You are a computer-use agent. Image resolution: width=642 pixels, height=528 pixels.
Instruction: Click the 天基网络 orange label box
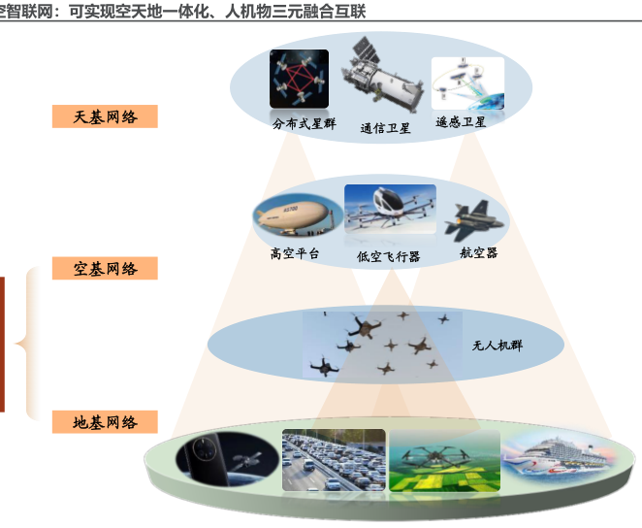click(x=105, y=116)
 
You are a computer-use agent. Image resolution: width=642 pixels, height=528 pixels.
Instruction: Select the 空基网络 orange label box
click(x=105, y=268)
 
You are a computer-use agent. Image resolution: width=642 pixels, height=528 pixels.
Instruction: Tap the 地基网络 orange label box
click(x=105, y=421)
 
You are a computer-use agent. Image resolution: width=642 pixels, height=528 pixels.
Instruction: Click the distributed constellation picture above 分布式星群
click(x=299, y=79)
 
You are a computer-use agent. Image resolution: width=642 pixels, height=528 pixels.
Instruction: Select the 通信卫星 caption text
click(x=385, y=128)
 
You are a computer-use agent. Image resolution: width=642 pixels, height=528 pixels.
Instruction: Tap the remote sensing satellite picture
click(x=467, y=84)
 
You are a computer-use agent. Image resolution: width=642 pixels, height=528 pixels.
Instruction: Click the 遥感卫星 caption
click(x=461, y=122)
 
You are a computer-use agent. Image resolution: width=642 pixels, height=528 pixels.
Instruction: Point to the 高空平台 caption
click(x=294, y=254)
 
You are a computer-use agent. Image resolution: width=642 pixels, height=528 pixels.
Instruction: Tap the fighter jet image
click(x=475, y=220)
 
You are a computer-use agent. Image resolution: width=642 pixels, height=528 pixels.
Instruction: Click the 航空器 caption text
click(x=478, y=253)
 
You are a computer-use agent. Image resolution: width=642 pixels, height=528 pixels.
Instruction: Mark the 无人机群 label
click(x=497, y=345)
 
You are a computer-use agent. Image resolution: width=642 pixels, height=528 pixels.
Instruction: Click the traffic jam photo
click(x=332, y=461)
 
